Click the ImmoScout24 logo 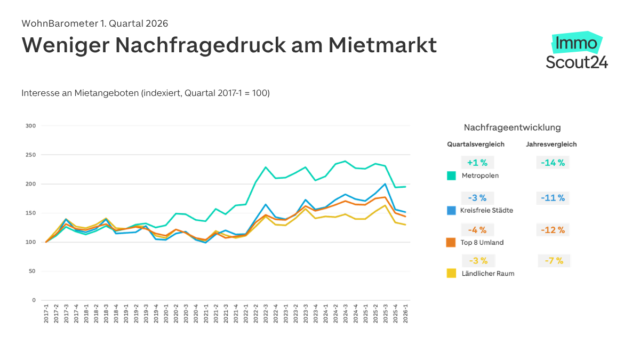(577, 51)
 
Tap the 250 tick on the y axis (30, 155)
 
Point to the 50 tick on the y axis (32, 271)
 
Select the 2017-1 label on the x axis (46, 314)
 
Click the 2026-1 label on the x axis (406, 314)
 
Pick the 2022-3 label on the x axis (266, 314)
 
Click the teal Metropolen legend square (452, 175)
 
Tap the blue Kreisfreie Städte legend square (452, 210)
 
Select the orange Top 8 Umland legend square (452, 242)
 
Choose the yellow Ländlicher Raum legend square (452, 273)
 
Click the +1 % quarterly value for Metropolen (477, 163)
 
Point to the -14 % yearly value (553, 163)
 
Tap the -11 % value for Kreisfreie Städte (553, 198)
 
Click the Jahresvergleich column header (551, 144)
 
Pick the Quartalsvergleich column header (476, 144)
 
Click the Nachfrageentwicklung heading (512, 127)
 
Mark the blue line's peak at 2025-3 (386, 184)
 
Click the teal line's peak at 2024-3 (346, 161)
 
